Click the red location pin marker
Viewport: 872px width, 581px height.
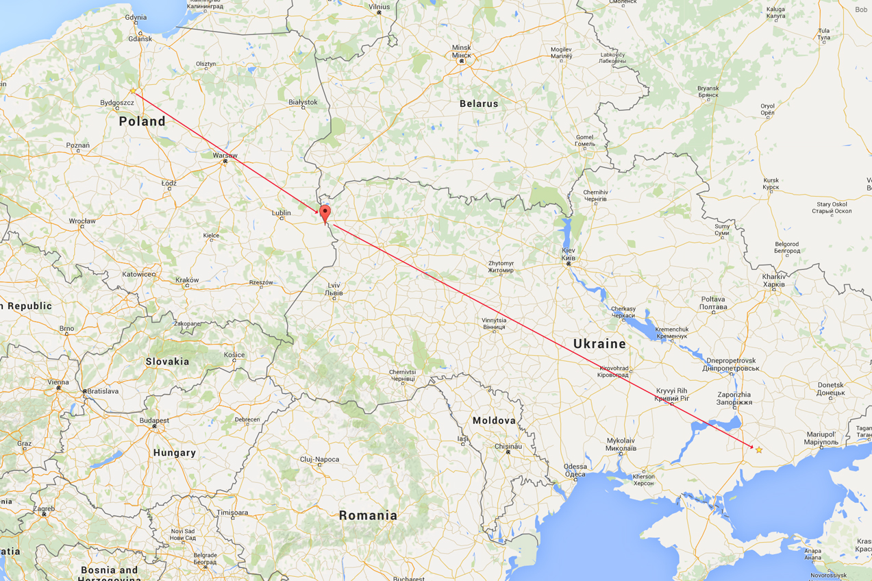325,213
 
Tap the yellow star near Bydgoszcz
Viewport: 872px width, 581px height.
133,91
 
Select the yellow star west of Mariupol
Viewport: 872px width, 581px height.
759,449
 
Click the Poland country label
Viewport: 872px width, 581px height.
142,121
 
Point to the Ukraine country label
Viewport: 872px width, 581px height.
600,343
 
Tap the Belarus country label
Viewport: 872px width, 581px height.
479,103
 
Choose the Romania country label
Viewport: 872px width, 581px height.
368,515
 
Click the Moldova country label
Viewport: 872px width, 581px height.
494,420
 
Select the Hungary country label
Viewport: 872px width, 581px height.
174,452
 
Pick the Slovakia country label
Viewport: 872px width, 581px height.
167,361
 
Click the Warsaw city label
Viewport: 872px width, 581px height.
225,156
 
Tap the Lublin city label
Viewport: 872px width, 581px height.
282,213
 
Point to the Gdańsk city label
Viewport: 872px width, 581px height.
141,39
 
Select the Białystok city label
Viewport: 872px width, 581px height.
303,102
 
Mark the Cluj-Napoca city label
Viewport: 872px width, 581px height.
320,459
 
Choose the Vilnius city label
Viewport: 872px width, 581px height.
379,7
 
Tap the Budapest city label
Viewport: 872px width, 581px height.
154,420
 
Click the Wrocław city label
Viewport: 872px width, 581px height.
82,221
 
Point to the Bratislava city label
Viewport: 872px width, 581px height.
101,391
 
